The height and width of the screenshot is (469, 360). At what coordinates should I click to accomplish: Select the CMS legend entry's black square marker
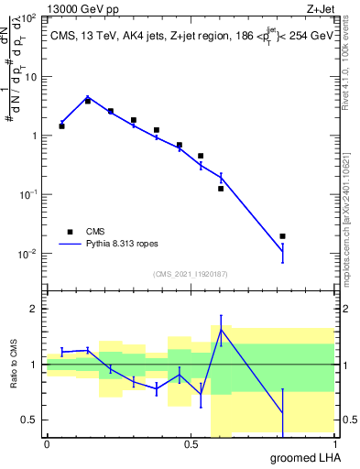[x=70, y=232]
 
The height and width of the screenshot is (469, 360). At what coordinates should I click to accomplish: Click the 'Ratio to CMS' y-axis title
[x=14, y=365]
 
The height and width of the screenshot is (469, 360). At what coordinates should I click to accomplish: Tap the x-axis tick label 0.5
[x=191, y=444]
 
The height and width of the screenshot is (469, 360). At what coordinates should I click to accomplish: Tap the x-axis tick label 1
[x=334, y=444]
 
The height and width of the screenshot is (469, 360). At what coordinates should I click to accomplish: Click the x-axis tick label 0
[x=47, y=444]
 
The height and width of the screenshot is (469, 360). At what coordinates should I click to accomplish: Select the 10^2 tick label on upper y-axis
[x=30, y=18]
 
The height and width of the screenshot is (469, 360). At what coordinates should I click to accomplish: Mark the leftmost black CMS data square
[x=61, y=126]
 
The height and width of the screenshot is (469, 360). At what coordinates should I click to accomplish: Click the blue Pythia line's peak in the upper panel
[x=87, y=96]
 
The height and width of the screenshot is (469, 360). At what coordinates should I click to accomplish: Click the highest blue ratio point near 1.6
[x=221, y=329]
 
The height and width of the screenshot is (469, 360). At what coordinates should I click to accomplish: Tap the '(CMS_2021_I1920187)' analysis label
[x=191, y=272]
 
